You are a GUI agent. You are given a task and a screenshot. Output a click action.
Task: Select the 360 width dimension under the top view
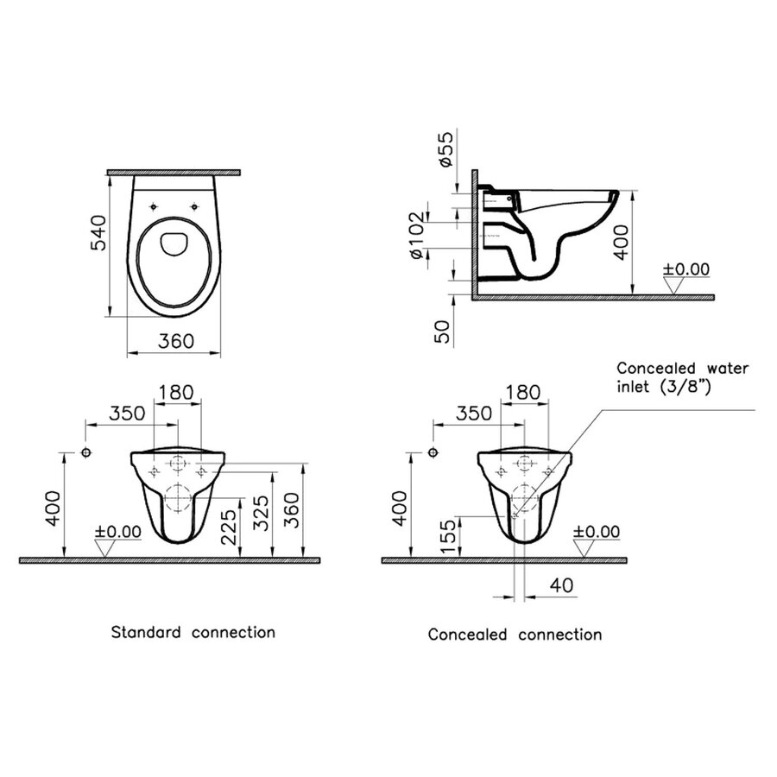point(176,341)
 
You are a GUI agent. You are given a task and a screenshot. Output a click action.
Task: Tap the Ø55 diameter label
point(444,150)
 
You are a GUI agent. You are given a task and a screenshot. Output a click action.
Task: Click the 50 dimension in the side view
point(444,331)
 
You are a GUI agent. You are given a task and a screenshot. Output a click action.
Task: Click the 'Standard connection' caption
point(193,632)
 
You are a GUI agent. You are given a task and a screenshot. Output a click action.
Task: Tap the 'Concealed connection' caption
point(515,635)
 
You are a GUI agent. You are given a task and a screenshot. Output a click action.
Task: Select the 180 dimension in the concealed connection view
point(522,393)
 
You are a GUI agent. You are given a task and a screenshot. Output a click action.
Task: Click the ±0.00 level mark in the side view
point(686,269)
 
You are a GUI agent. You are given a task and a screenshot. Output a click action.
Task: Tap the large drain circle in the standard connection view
point(177,497)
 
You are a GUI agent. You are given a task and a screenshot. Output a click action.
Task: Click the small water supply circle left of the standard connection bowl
point(85,453)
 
